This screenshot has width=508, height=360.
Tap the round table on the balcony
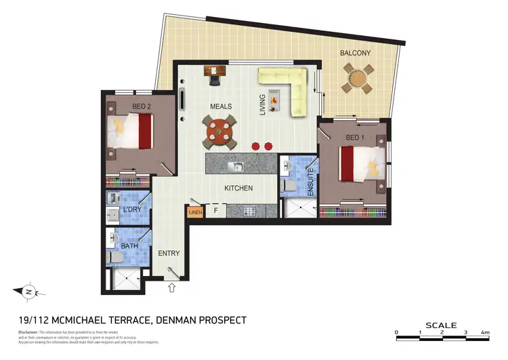[x=357, y=79]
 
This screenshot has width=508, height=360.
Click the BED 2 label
[x=141, y=106]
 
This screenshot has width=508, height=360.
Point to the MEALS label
[x=221, y=106]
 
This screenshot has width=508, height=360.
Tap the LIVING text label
[x=264, y=105]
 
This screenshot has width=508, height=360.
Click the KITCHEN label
[x=238, y=188]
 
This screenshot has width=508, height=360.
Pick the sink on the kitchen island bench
[x=236, y=166]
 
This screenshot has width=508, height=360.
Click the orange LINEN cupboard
[x=195, y=212]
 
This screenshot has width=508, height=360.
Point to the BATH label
[x=129, y=246]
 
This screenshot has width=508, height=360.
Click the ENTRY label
[x=169, y=253]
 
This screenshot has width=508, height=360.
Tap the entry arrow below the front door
[x=171, y=287]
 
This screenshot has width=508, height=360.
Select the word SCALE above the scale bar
[x=442, y=325]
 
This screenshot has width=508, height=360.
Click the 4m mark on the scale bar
[x=486, y=333]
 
